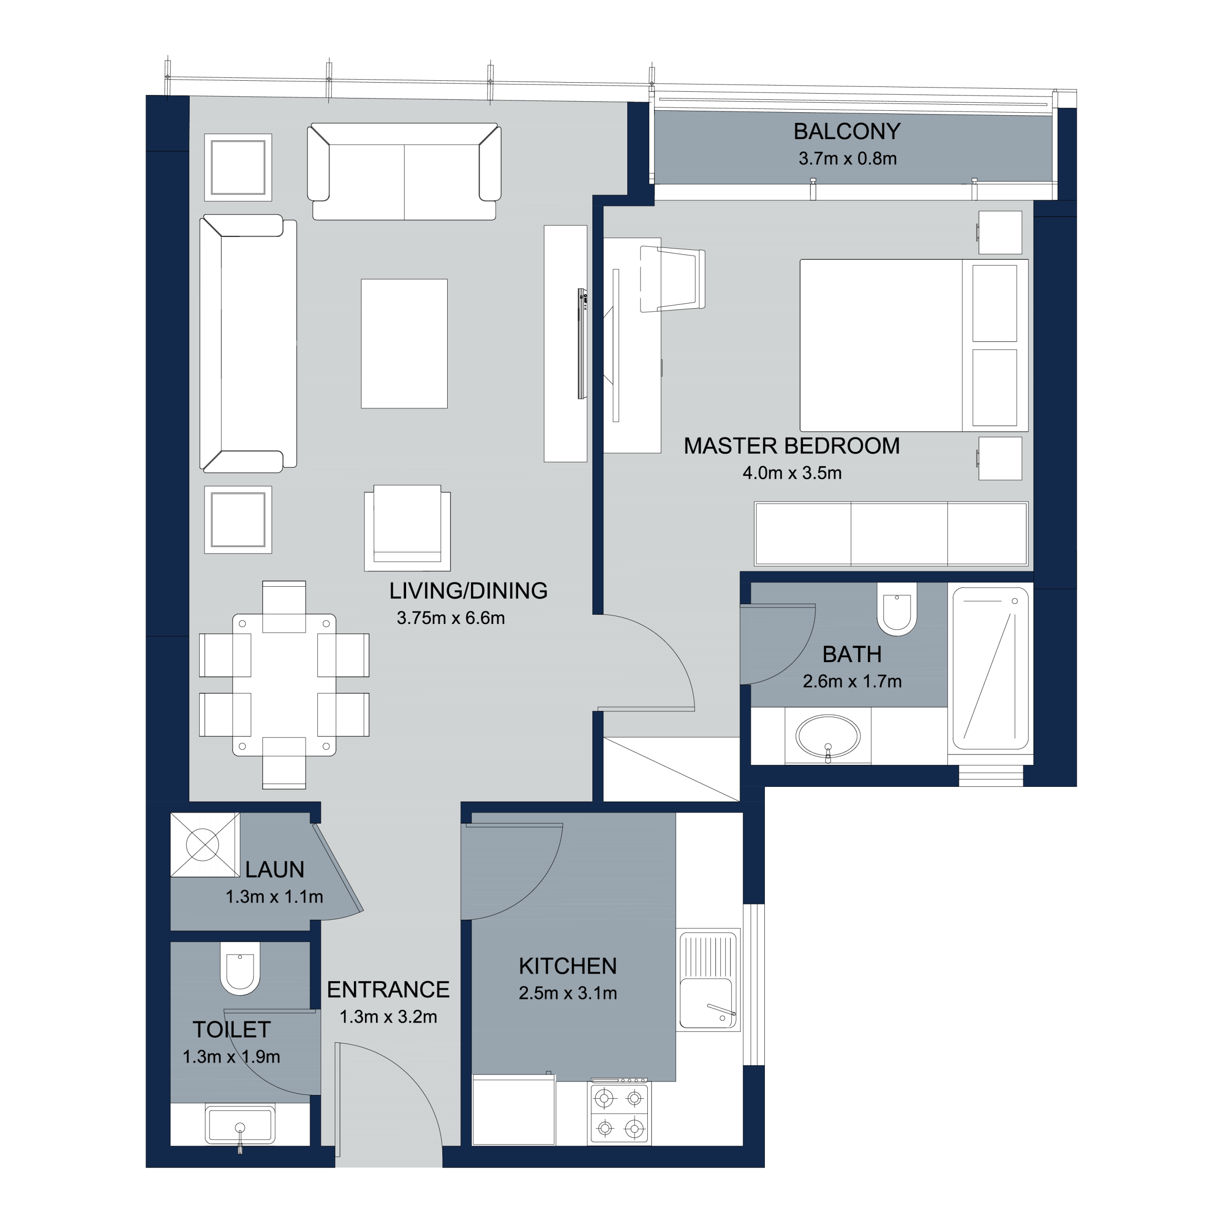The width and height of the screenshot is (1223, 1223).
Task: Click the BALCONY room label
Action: [847, 132]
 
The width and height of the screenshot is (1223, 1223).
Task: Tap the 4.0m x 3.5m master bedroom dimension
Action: [792, 473]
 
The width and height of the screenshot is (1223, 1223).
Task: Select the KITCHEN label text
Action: [568, 966]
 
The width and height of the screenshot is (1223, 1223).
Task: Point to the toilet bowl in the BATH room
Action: [897, 609]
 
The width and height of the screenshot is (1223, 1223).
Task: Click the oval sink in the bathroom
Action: [828, 736]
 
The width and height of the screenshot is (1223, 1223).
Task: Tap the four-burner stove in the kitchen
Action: [620, 1114]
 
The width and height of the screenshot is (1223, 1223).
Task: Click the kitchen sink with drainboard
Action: [708, 981]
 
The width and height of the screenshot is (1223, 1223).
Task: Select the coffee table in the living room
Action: [404, 344]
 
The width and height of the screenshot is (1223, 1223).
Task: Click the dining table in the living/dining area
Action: [284, 685]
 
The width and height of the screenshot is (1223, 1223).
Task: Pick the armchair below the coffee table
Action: [407, 528]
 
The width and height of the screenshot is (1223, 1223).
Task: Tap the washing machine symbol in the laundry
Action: [205, 845]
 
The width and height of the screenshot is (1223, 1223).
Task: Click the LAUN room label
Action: [275, 870]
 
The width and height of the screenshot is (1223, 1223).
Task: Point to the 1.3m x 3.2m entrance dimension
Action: [388, 1017]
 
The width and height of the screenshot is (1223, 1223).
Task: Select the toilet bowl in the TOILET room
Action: [240, 968]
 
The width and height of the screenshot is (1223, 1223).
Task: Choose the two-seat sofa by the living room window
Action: [404, 172]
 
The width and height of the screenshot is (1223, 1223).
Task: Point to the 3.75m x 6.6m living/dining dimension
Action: [451, 618]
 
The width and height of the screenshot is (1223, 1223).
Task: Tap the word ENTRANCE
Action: [388, 990]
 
